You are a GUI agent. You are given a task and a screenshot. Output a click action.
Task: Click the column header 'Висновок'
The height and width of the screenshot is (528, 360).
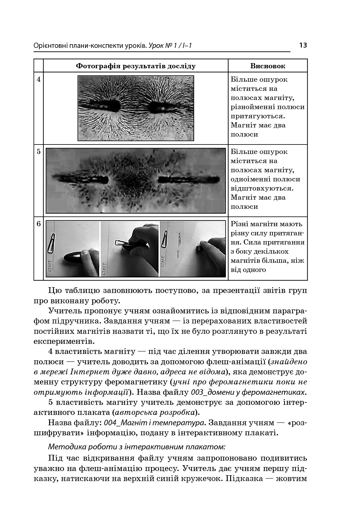(268, 66)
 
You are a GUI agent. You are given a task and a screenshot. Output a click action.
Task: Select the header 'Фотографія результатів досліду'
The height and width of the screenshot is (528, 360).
(136, 66)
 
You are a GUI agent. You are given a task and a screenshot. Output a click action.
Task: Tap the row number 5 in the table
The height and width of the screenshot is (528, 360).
(39, 152)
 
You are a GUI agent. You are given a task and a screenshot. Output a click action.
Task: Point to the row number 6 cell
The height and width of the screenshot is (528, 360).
(39, 224)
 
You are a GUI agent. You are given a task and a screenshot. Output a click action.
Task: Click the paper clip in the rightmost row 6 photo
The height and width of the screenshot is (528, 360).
(166, 240)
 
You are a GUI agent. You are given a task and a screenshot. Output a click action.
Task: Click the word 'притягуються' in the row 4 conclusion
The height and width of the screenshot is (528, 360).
(258, 116)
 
